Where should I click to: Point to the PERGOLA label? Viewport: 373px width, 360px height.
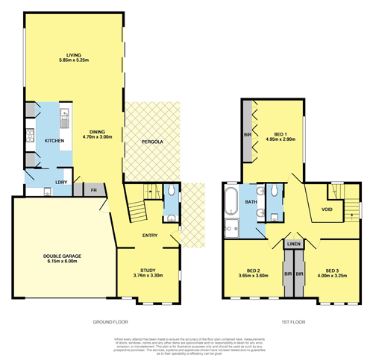coord(153,141)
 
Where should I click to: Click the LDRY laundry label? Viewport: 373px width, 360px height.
coord(60,181)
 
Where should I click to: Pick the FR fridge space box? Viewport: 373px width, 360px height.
coord(95,189)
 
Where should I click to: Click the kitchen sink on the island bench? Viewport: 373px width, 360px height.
coord(65,117)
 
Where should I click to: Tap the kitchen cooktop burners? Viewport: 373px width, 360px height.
coord(31,136)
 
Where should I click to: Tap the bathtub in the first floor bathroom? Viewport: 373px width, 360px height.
coord(231,201)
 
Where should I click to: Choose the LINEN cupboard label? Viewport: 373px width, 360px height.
coord(293,244)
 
